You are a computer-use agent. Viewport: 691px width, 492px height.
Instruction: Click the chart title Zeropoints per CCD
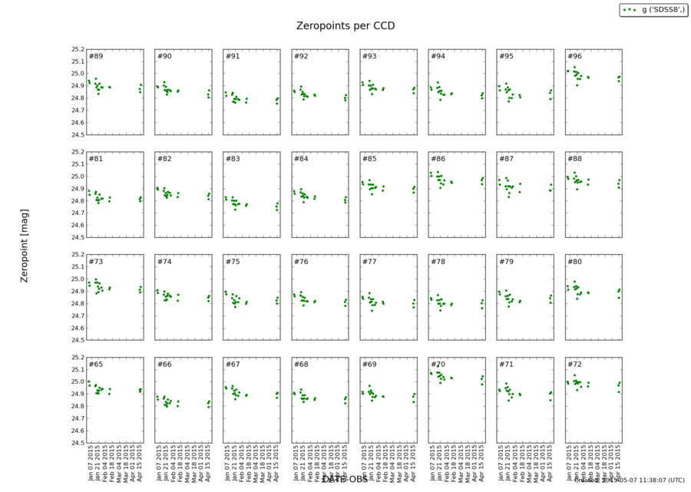(345, 25)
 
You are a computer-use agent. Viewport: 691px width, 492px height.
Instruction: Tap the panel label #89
(95, 57)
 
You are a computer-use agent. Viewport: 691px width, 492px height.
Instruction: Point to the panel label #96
(574, 57)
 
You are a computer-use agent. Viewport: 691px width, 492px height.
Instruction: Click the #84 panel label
(301, 159)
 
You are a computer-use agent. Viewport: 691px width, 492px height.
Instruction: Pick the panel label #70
(438, 364)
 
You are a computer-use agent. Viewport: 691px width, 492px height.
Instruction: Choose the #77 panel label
(369, 262)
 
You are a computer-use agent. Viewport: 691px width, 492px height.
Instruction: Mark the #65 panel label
(95, 364)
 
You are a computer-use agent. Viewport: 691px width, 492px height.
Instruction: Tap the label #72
(574, 364)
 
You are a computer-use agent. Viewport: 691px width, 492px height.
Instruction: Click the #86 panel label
(438, 159)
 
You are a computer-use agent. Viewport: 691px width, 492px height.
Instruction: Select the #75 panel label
(233, 262)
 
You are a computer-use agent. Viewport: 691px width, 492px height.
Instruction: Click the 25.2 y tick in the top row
(76, 49)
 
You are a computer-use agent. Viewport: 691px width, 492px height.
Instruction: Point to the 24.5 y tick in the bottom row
(76, 443)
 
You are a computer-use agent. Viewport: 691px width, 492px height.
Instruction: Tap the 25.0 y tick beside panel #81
(76, 177)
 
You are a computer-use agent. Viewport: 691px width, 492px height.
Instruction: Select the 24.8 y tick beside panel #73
(76, 303)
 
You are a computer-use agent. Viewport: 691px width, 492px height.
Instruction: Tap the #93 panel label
(369, 57)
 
